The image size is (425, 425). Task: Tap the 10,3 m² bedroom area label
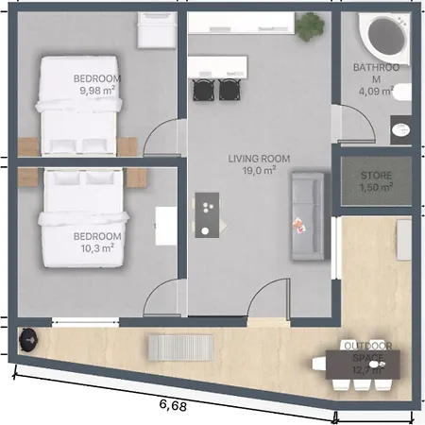tap(97, 248)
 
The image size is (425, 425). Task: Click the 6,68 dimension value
tap(173, 405)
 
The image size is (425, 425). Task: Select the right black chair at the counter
tap(229, 89)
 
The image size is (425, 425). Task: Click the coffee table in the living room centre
tap(207, 215)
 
